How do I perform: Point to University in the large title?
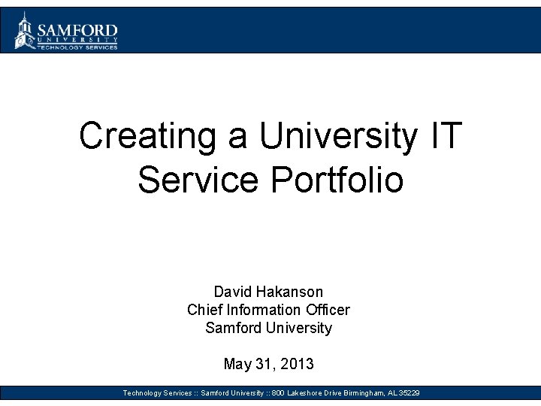tap(337, 136)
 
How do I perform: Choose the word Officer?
tap(328, 310)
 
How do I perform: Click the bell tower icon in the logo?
tap(25, 30)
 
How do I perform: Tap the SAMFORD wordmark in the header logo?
tap(77, 29)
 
